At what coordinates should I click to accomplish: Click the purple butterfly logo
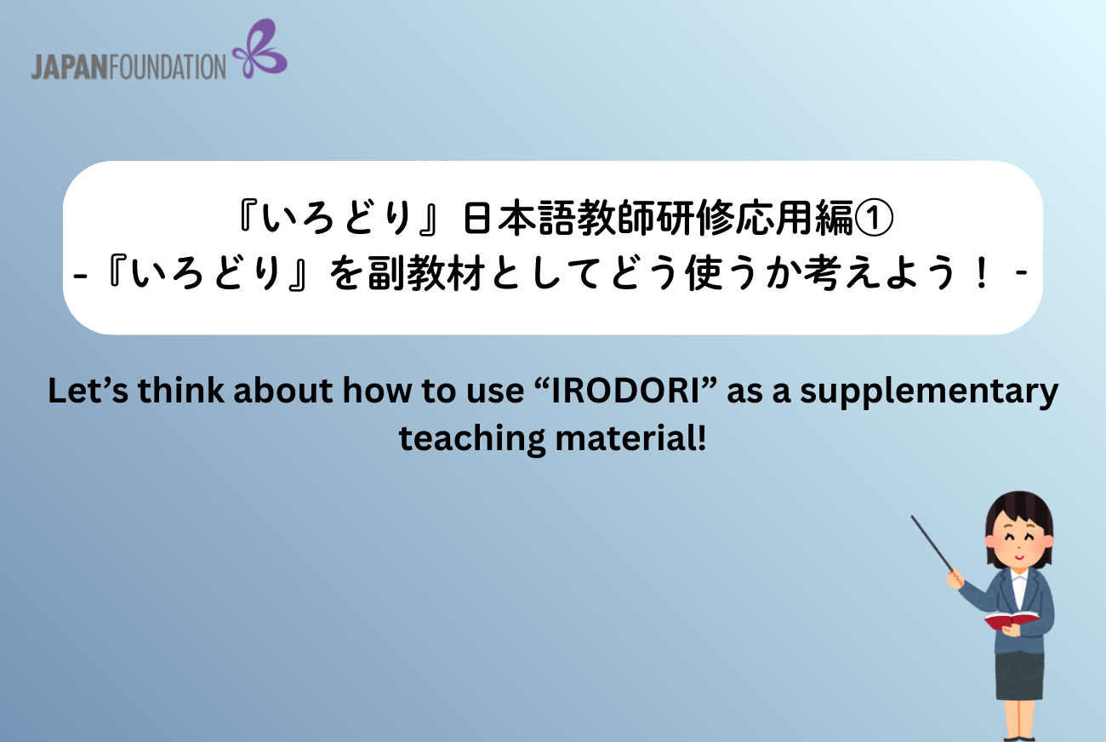click(260, 49)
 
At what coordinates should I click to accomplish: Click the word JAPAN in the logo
click(69, 67)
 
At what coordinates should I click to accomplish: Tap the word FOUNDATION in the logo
click(167, 67)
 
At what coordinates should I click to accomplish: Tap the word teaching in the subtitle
click(472, 439)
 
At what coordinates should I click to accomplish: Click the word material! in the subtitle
click(631, 438)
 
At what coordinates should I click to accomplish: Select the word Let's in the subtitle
click(88, 391)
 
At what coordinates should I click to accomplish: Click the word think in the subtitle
click(180, 391)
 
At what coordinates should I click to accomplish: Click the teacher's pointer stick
click(932, 544)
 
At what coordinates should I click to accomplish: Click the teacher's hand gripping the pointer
click(955, 578)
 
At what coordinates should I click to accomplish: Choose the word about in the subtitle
click(283, 391)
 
